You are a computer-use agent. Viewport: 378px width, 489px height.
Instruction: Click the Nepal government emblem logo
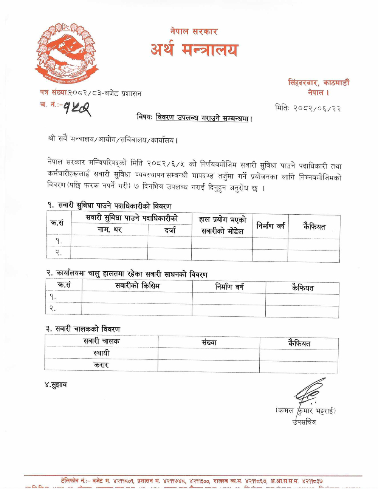tap(66, 53)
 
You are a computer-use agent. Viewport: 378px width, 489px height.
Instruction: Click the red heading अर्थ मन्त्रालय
tap(194, 50)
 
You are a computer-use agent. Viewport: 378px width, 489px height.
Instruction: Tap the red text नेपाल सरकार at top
tap(194, 31)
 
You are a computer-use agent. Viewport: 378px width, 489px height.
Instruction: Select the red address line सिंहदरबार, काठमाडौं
tap(319, 82)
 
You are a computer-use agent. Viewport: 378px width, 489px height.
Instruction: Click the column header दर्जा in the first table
tap(170, 230)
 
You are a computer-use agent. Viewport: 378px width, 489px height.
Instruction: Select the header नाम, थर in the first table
tap(110, 229)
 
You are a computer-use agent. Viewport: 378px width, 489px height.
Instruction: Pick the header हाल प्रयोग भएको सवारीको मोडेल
tap(222, 225)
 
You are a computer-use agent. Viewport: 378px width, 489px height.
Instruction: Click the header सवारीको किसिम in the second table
tap(137, 286)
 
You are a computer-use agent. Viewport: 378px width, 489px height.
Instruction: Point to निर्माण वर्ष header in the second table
tap(229, 287)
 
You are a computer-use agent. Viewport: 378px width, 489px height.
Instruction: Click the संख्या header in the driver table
tap(209, 342)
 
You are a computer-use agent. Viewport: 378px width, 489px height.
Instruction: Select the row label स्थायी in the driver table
tap(101, 353)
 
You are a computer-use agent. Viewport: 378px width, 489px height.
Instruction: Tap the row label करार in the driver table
tap(101, 365)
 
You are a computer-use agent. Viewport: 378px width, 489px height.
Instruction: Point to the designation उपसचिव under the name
tap(304, 422)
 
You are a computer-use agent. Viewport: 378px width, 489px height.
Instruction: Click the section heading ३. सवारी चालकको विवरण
tap(83, 329)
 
